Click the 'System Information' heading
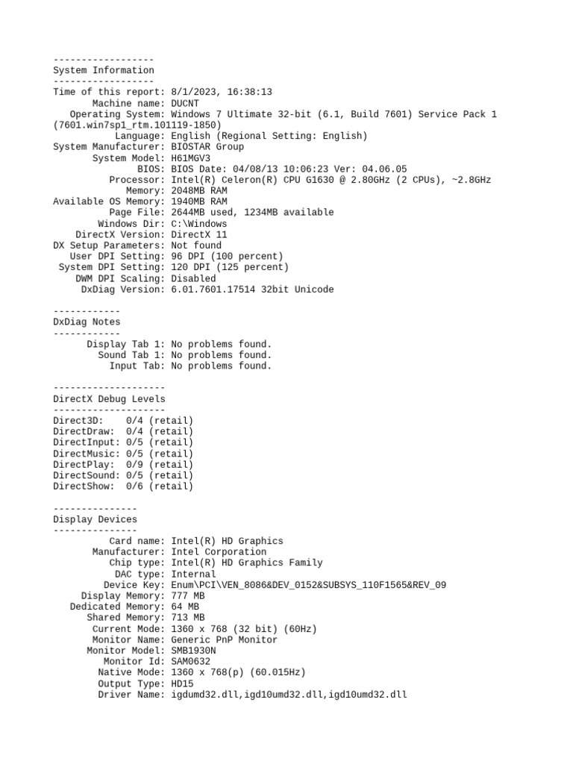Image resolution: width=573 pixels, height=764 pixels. click(104, 70)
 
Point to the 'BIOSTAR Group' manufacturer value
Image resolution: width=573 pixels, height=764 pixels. click(207, 147)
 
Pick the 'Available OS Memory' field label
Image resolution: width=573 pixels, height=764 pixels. click(107, 201)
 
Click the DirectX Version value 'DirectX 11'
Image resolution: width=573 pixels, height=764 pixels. click(199, 234)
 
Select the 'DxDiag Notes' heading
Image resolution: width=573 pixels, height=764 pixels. click(87, 322)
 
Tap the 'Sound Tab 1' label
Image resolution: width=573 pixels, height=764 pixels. click(131, 355)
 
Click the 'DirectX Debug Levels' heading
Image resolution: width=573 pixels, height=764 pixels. click(109, 399)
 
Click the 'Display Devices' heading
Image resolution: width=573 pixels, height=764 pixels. click(95, 519)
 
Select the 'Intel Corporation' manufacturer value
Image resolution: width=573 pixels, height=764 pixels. click(219, 552)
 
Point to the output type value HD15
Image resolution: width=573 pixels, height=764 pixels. click(182, 683)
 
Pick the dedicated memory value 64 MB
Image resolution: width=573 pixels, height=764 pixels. click(185, 607)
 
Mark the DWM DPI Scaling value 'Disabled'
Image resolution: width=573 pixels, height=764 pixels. click(193, 278)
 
